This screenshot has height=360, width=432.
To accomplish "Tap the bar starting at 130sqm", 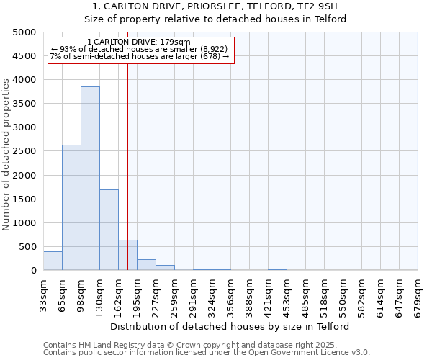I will [x=109, y=230].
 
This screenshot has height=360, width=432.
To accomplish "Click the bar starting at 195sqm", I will [x=146, y=265].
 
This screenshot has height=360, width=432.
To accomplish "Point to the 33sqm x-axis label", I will [x=43, y=294].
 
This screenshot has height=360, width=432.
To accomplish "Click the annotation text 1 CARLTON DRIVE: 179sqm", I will [x=138, y=42].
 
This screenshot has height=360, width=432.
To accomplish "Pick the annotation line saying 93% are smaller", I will [x=139, y=49].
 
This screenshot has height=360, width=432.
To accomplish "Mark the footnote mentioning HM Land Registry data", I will [x=194, y=345].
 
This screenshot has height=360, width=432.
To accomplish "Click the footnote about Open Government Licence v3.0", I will [x=206, y=352].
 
